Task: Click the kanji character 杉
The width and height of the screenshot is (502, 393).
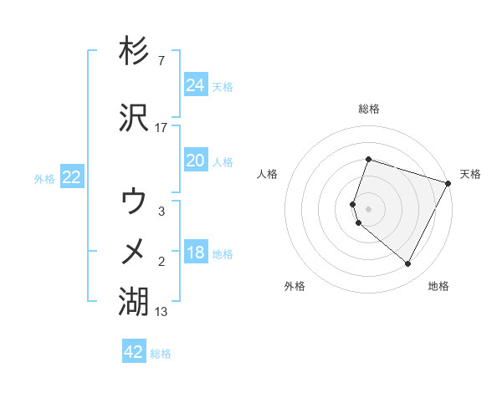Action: pos(135,52)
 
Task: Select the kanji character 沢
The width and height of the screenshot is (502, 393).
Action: pos(135,117)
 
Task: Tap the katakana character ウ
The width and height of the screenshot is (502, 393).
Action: pos(135,202)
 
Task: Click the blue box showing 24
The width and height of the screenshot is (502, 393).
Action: pos(195,85)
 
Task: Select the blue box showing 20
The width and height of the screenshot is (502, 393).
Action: pos(195,161)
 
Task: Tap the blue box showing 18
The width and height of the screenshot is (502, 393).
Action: pos(195,253)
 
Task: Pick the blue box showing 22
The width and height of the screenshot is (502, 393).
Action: pos(71,177)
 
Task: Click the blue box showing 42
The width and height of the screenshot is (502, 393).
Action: pos(134,352)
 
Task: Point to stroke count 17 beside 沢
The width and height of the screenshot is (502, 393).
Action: pos(161,128)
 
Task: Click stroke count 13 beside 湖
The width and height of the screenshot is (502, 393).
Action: pos(161,312)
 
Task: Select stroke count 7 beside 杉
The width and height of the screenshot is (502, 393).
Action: pos(161,62)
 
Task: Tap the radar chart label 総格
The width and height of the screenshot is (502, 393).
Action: pos(369,109)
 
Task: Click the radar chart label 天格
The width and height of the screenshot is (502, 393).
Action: pos(470,174)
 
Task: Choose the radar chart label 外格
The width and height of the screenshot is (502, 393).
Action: pos(295,286)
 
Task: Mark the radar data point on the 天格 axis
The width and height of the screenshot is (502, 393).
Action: pos(448,183)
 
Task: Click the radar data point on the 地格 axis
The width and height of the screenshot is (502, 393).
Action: pos(408,264)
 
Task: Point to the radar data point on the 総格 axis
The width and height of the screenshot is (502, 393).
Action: pos(368,160)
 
